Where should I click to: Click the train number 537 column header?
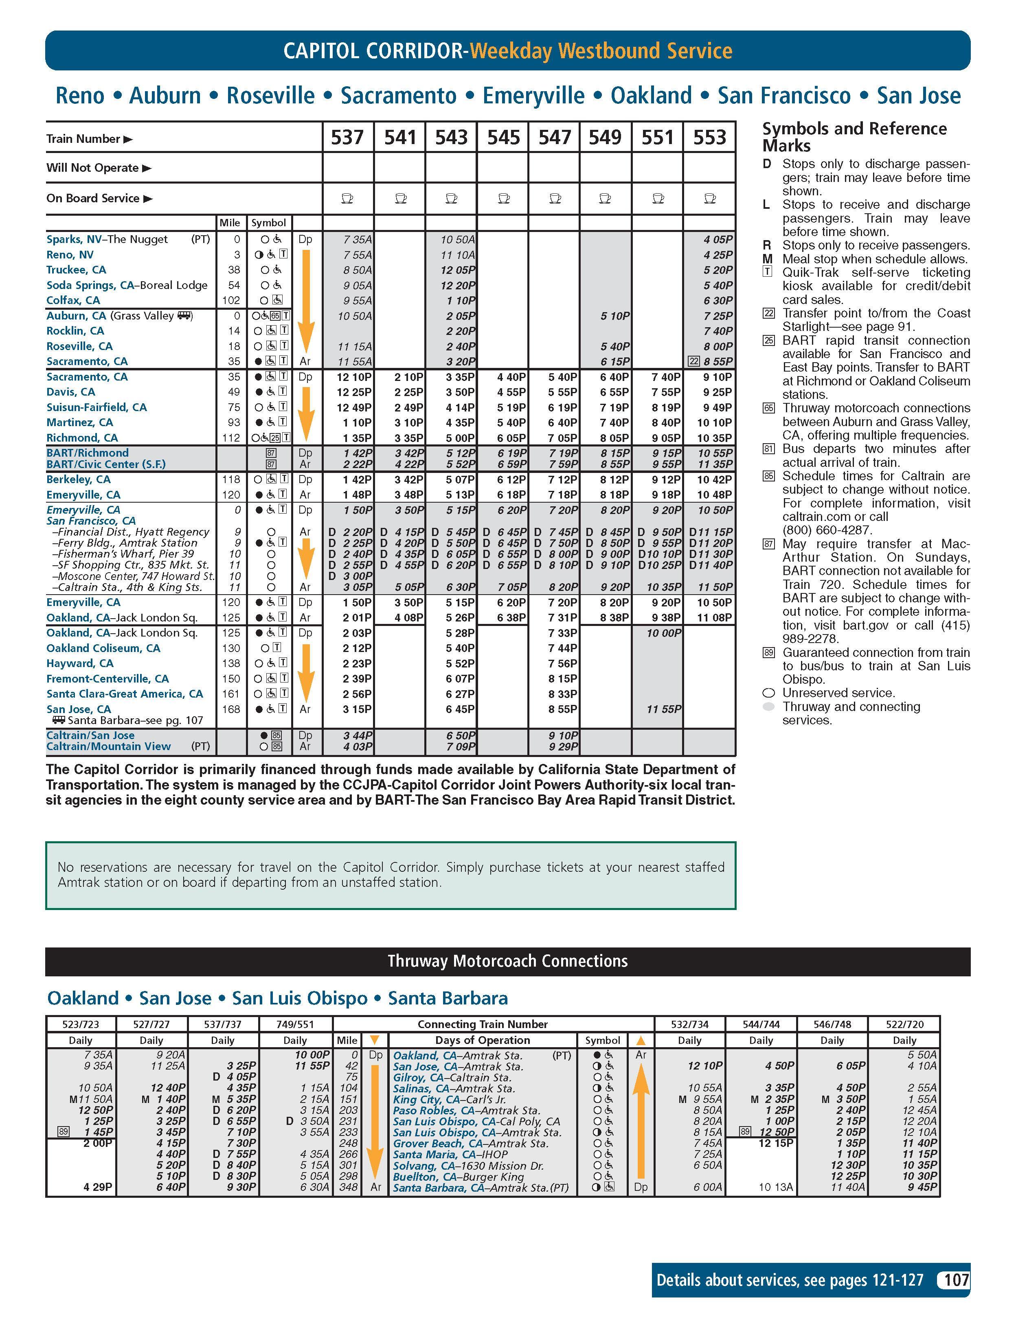tap(347, 138)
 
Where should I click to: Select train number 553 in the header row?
tap(709, 138)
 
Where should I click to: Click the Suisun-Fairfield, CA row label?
tap(97, 407)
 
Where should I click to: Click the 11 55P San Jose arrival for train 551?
tap(663, 709)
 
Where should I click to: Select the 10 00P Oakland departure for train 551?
tap(663, 633)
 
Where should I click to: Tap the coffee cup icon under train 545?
tap(503, 198)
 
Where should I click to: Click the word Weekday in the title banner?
tap(511, 51)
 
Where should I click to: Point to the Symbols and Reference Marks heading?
tap(854, 137)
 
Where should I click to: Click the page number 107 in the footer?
tap(956, 1280)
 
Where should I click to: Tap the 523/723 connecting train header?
tap(81, 1024)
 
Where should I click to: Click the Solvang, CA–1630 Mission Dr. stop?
tap(468, 1165)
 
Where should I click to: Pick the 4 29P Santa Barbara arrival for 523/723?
tap(98, 1187)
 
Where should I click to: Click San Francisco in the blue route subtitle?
tap(784, 96)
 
